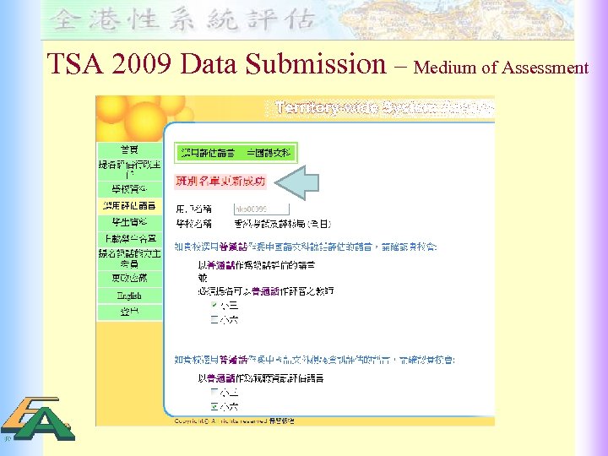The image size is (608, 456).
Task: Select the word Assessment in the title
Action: tap(545, 68)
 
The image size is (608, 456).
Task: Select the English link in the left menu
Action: tap(129, 296)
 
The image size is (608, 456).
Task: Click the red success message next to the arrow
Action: tap(220, 181)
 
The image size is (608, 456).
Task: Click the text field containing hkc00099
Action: tap(260, 209)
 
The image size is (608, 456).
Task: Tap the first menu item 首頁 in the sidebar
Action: tap(129, 149)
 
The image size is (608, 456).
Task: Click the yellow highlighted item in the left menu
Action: tap(129, 205)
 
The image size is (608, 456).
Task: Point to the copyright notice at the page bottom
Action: tap(234, 420)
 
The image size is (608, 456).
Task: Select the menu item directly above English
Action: tap(129, 277)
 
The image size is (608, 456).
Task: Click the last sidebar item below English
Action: tap(129, 312)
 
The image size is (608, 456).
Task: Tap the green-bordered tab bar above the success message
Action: tap(236, 153)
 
